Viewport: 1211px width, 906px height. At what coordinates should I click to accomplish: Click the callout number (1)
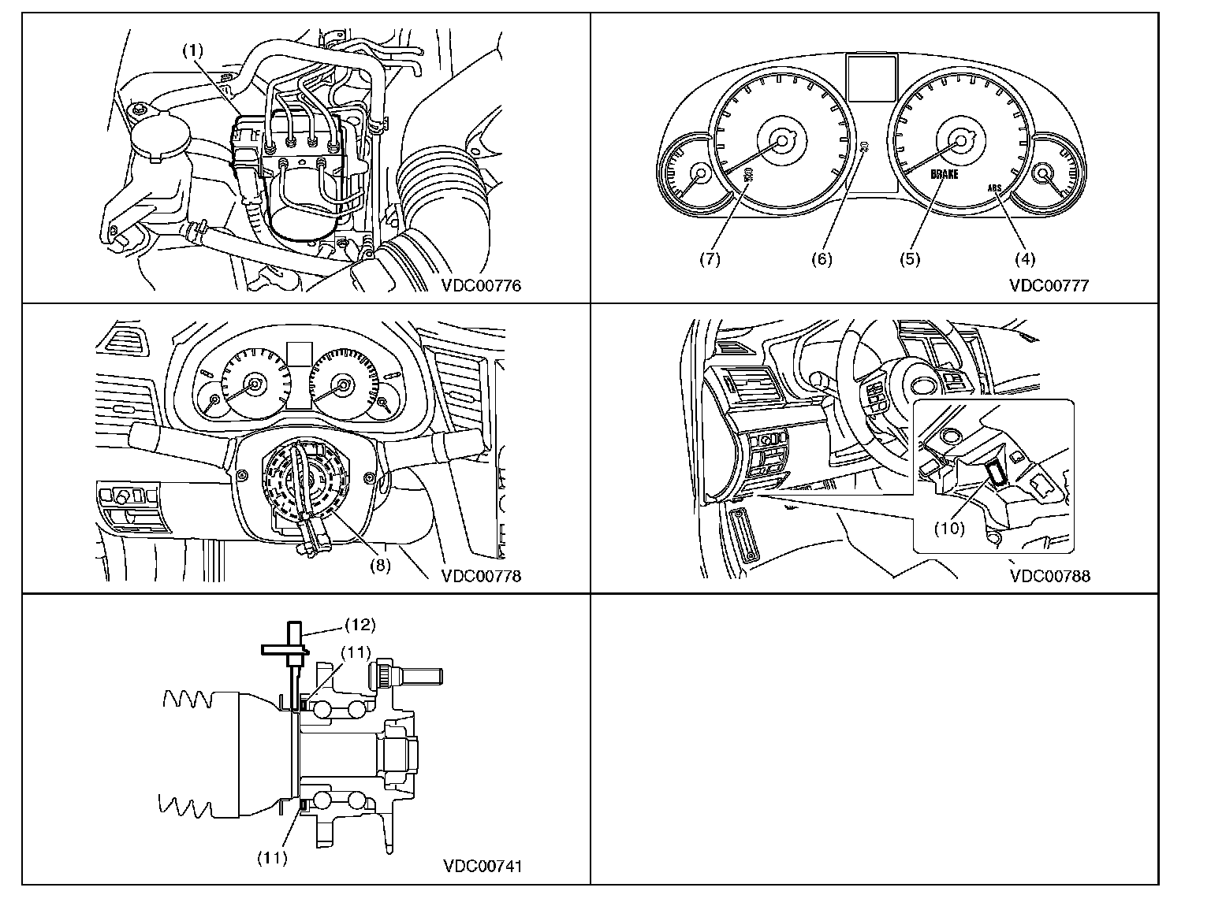click(193, 50)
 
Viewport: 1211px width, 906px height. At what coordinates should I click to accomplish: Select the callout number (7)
click(710, 258)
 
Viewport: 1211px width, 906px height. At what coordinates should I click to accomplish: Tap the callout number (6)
click(822, 258)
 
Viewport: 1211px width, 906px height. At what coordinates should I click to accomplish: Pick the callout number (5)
click(911, 258)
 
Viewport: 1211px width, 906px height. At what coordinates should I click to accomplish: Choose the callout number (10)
click(949, 528)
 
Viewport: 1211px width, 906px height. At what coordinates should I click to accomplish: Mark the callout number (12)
click(360, 625)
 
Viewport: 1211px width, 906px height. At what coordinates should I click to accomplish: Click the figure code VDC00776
click(481, 286)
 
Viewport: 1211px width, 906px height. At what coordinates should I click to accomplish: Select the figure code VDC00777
click(1049, 286)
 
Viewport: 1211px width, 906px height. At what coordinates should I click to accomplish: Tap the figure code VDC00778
click(481, 576)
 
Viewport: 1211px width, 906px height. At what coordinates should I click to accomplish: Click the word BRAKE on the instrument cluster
click(944, 174)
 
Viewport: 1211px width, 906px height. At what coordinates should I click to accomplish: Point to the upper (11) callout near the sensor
click(356, 652)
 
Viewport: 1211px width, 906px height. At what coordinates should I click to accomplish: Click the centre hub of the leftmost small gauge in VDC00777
click(699, 173)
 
